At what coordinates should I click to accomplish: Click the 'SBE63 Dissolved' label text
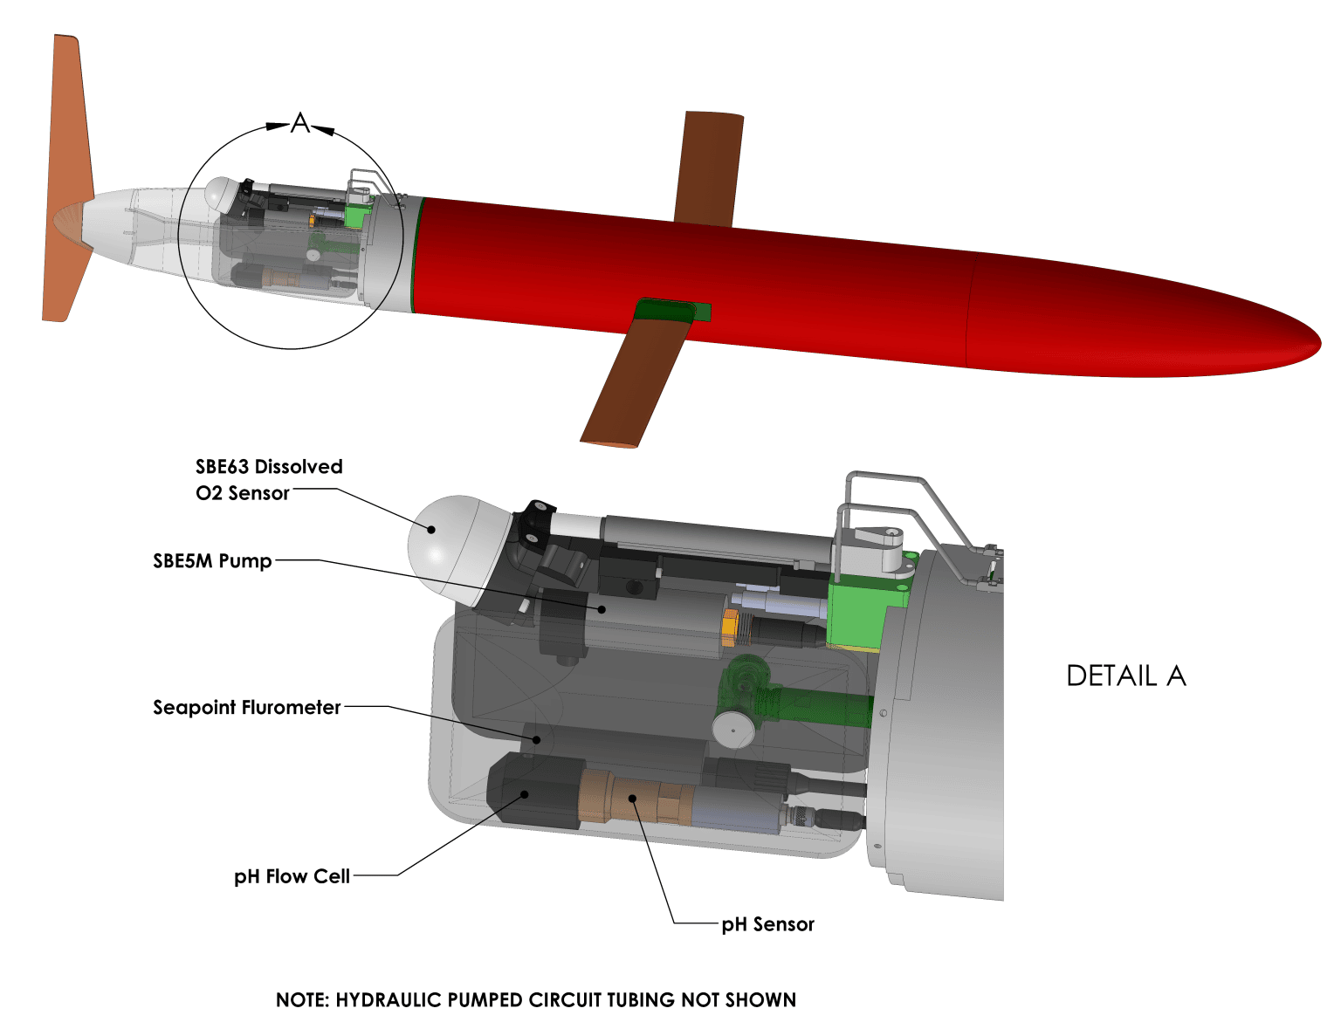[x=269, y=467]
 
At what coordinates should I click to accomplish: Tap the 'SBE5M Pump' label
[x=212, y=561]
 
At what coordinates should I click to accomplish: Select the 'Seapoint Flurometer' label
[x=246, y=708]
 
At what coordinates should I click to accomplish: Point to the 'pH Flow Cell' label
[x=292, y=876]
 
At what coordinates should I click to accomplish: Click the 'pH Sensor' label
[x=767, y=924]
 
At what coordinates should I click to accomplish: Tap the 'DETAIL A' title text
[x=1125, y=676]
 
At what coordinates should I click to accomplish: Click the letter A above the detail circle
[x=300, y=124]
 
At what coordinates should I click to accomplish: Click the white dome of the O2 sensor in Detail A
[x=445, y=541]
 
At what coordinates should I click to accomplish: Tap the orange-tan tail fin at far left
[x=68, y=175]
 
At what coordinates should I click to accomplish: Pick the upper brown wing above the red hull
[x=710, y=166]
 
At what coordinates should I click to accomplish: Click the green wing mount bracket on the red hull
[x=672, y=309]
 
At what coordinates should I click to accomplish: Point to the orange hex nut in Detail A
[x=731, y=628]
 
